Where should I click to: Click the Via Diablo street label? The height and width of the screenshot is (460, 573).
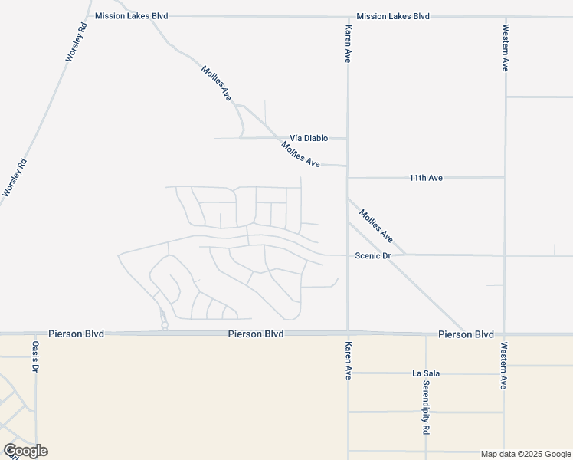coord(309,138)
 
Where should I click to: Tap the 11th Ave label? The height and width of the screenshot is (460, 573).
coord(426,178)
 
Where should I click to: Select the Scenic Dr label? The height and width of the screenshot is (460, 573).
coord(373,255)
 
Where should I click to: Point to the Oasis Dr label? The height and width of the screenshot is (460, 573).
coord(35,357)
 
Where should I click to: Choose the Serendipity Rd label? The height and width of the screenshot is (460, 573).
coord(425,409)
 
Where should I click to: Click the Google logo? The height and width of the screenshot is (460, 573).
coord(25,451)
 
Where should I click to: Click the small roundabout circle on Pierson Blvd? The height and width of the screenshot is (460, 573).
coord(165,326)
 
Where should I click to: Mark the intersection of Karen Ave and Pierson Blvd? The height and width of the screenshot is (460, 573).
coord(348,333)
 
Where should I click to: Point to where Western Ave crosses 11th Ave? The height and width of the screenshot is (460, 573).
coord(505,178)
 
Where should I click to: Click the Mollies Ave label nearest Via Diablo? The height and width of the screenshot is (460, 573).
coord(300,154)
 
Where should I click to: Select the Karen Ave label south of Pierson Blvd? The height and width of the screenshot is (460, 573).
coord(348,361)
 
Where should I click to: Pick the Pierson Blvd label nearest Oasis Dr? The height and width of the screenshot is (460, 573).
coord(76,334)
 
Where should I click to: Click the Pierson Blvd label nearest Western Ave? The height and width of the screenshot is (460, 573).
coord(466,334)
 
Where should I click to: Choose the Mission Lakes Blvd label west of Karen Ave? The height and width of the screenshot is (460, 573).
coord(131,15)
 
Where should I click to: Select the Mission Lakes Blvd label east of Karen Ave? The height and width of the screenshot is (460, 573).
coord(393,16)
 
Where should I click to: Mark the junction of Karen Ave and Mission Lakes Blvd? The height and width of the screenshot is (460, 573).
coord(348,16)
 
